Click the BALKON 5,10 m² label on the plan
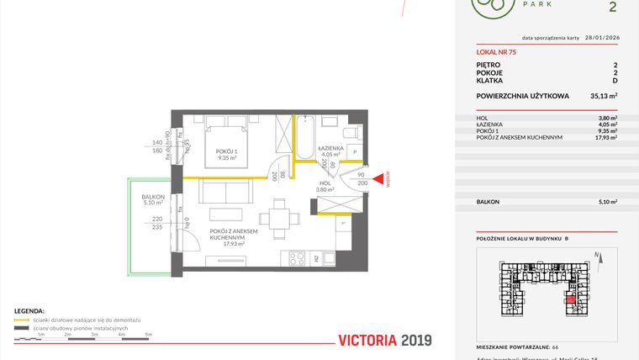153,199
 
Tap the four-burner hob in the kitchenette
299,257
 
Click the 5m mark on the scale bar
148,334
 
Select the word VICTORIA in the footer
367,341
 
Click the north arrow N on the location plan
595,255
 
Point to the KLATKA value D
615,82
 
